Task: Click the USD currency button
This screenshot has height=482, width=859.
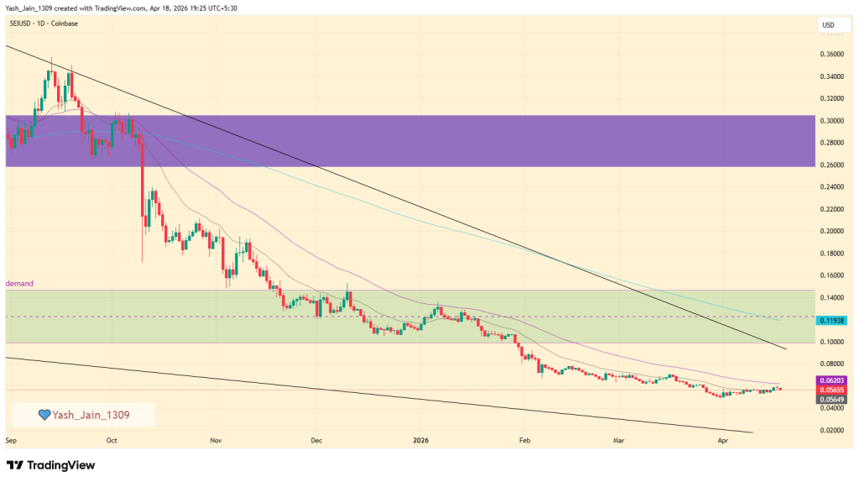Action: (828, 25)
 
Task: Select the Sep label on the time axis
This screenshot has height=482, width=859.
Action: (12, 439)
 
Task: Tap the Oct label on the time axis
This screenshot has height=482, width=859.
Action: (112, 439)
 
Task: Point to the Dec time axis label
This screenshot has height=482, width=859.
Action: (316, 439)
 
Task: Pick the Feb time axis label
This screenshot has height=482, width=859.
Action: (525, 439)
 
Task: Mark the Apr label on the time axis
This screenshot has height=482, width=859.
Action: (722, 439)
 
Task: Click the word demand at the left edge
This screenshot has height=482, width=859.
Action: (19, 284)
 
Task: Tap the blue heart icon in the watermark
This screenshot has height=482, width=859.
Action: (44, 415)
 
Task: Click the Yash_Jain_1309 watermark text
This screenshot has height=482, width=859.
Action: (91, 415)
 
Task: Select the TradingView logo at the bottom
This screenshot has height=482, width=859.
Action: (51, 465)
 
